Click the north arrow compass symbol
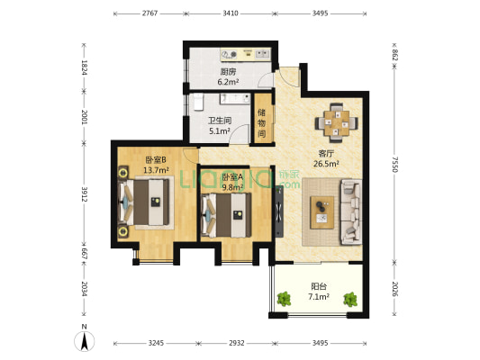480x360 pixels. pos(84,340)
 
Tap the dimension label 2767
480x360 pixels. pos(150,13)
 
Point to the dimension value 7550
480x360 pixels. pos(395,165)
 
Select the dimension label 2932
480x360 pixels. pos(237,343)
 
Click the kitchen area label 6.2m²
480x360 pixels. pos(228,82)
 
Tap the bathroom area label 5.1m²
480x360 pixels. pos(220,131)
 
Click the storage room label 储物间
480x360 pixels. pos(261,123)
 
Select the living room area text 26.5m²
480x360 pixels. pos(326,164)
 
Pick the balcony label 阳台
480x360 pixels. pos(319,286)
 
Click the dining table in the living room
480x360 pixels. pos(337,123)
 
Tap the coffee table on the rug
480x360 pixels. pos(322,212)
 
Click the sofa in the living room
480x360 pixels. pos(351,212)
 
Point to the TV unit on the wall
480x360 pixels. pos(279,211)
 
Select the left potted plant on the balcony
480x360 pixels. pos(284,299)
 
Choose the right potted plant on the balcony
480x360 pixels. pos(350,300)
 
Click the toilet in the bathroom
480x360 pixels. pos(198,102)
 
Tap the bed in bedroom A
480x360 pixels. pos(226,215)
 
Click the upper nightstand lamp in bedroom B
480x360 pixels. pos(123,173)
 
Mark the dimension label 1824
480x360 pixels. pos(84,67)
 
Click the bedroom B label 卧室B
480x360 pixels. pos(156,159)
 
